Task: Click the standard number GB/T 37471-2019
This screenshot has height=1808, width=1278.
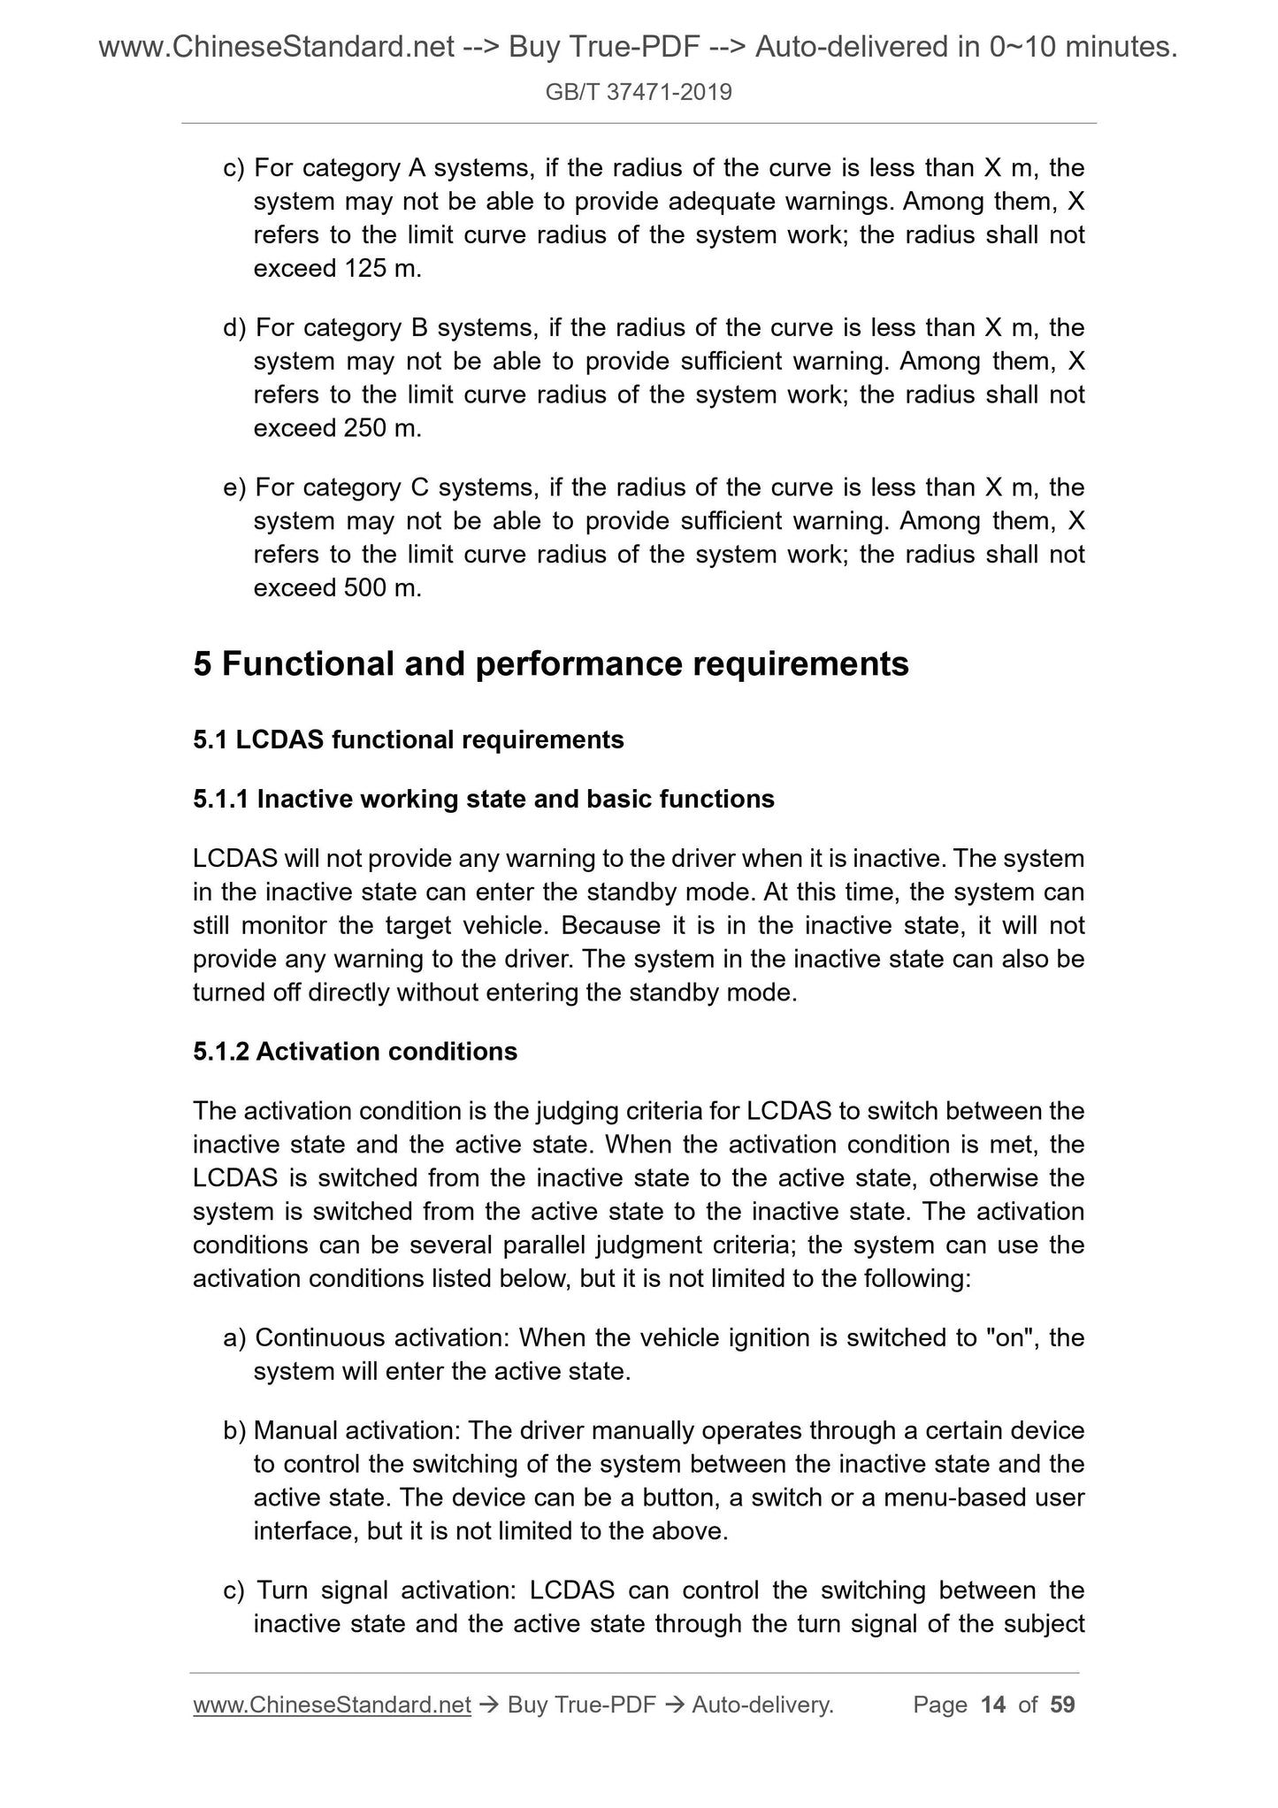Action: [x=639, y=92]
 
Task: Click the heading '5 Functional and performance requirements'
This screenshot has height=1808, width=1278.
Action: [x=550, y=663]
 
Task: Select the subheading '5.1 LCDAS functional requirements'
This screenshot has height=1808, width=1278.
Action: [x=408, y=739]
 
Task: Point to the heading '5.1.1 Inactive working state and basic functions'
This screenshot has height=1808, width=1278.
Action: [x=483, y=799]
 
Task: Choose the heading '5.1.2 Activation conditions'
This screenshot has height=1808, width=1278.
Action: [x=355, y=1051]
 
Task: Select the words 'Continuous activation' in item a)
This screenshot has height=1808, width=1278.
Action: [x=381, y=1337]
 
